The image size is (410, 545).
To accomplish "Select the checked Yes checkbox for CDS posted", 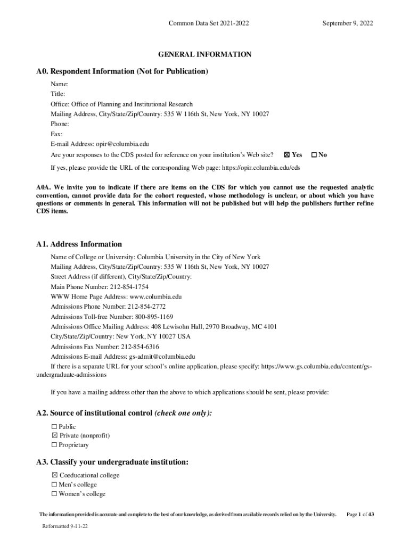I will point(287,155).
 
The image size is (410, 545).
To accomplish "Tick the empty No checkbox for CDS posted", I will point(314,155).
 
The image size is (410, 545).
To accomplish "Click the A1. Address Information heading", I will point(79,244).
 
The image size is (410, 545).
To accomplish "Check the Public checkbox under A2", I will point(54,427).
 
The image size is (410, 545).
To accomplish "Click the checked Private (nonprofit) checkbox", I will point(54,436).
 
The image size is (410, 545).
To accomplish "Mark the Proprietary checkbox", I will point(54,445).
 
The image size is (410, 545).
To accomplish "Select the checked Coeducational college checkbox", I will point(54,475).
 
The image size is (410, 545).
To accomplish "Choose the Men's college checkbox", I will point(54,485).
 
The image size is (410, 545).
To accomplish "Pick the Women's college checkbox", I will point(54,494).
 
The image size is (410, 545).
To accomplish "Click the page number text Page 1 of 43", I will point(360,515).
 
